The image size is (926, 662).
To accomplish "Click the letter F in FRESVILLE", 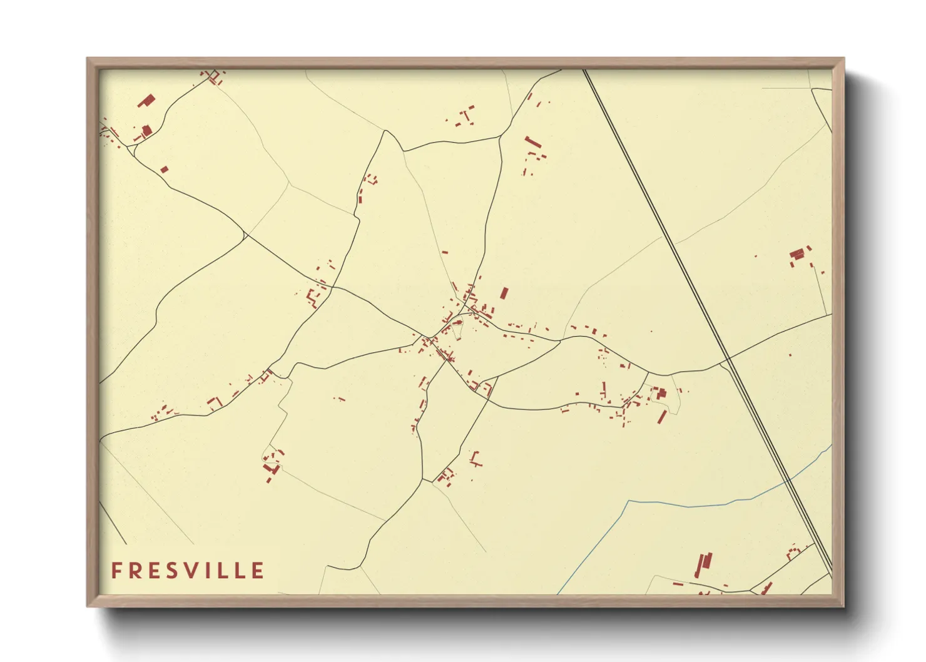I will coord(116,571).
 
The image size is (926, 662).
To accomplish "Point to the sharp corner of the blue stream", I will coord(628,501).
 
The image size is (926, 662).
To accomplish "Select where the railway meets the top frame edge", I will coord(585,70).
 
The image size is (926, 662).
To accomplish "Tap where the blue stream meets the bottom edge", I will coord(558,593).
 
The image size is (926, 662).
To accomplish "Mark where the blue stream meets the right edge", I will coord(832,446).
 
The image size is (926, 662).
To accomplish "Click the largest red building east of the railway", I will coord(797,254).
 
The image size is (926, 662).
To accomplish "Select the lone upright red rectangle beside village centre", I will coord(504,293).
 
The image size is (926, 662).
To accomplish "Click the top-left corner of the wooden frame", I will coord(88,58).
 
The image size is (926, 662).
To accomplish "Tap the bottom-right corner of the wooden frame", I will coord(844,606).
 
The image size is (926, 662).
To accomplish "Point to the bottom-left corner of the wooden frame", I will coord(88,606).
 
